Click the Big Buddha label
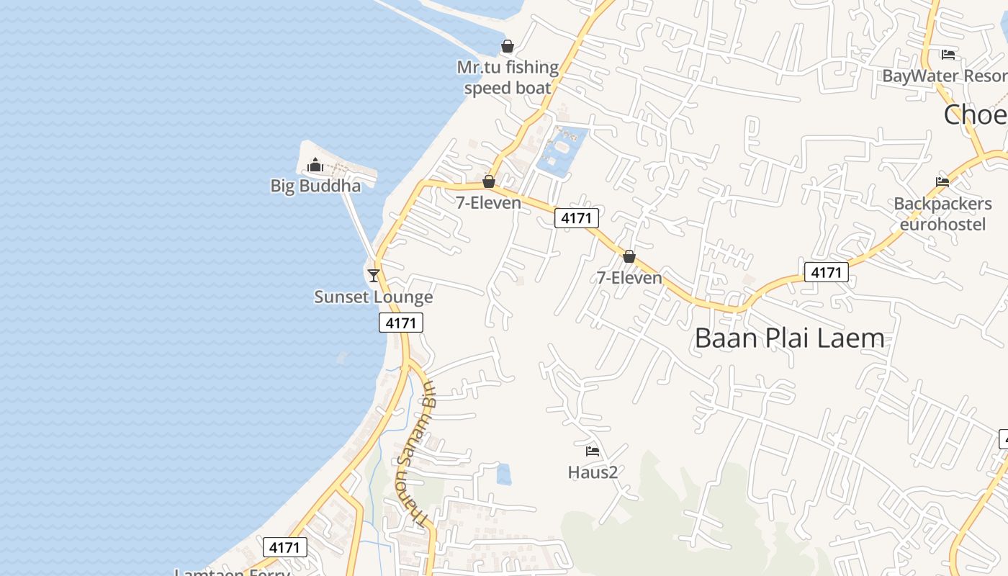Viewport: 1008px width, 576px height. [315, 186]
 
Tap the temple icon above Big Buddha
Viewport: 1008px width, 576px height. [315, 166]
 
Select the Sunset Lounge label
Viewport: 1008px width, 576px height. [373, 297]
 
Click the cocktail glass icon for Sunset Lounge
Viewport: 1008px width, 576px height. [373, 275]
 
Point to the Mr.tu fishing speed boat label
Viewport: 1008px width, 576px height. [508, 78]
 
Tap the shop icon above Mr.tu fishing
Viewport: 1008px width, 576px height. [508, 47]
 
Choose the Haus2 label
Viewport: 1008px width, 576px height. [593, 472]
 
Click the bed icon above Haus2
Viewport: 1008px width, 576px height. [593, 451]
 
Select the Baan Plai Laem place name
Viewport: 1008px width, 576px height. [789, 338]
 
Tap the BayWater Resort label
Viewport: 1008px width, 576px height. [944, 76]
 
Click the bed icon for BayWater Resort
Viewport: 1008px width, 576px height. [948, 55]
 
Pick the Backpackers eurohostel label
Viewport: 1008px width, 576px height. [942, 214]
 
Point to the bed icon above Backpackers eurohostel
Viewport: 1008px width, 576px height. [942, 182]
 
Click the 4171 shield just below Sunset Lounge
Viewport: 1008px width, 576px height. [401, 323]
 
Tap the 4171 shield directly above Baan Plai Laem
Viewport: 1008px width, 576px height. [826, 272]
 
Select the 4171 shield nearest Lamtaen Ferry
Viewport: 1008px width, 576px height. [284, 547]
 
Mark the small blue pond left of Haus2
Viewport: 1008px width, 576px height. [504, 474]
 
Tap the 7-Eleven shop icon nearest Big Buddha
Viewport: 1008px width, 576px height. [489, 181]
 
